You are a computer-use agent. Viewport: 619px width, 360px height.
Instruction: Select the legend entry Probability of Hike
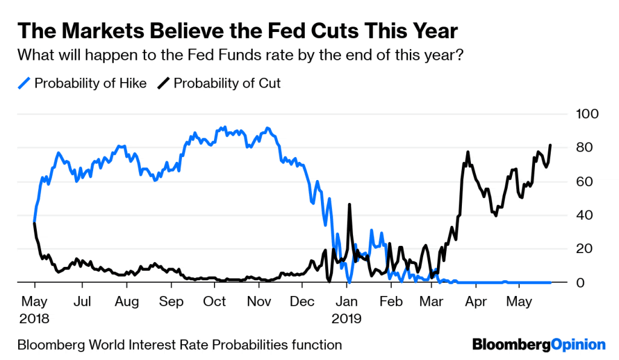(x=90, y=83)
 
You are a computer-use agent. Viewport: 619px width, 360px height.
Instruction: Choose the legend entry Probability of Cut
(x=227, y=83)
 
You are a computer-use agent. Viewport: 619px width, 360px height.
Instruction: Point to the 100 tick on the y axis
(x=589, y=114)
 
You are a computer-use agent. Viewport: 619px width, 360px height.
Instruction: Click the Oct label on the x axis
(x=215, y=301)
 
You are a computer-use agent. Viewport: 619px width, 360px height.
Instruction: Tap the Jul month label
(x=82, y=301)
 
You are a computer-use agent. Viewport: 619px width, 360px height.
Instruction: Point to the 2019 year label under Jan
(x=347, y=317)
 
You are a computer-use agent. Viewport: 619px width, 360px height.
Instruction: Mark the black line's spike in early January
(x=350, y=205)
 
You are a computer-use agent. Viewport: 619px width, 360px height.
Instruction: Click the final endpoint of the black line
(x=550, y=145)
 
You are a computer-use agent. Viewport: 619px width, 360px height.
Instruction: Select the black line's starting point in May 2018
(x=34, y=223)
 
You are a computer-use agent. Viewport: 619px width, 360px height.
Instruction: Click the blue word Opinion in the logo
(x=578, y=345)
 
